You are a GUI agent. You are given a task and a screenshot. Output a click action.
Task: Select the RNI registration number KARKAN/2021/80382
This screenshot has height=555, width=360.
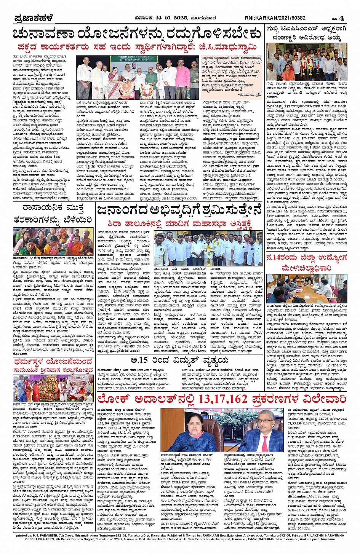(x=282, y=18)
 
